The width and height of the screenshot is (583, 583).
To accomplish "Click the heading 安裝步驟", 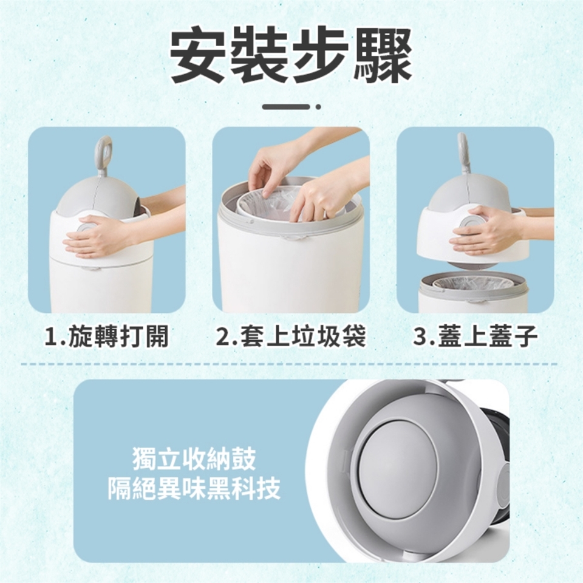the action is click(x=291, y=56).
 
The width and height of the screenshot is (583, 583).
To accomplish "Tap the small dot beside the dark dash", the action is click(x=318, y=107).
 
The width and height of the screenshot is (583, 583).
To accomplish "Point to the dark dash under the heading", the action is click(x=286, y=107).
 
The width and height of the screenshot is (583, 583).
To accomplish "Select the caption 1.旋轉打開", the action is click(x=106, y=336).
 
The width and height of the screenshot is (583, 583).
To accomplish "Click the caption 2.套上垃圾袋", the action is click(x=291, y=336).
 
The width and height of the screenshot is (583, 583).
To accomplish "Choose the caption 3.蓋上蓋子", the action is click(x=476, y=336).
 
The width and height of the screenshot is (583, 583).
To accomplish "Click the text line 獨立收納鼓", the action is click(x=194, y=459).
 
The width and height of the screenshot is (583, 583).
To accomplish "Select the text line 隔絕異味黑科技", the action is click(x=194, y=488).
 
